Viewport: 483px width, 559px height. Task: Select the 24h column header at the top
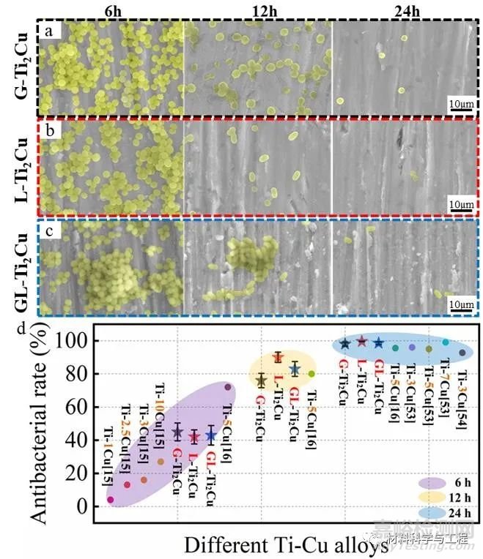[405, 10]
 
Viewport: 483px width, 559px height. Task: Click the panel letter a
[49, 31]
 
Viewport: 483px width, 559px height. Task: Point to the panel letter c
[49, 238]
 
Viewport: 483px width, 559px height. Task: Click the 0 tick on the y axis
[86, 506]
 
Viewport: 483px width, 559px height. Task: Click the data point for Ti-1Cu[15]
[111, 500]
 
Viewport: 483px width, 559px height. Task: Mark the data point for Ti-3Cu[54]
[462, 353]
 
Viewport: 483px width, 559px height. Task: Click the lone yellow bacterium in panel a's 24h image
[402, 91]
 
